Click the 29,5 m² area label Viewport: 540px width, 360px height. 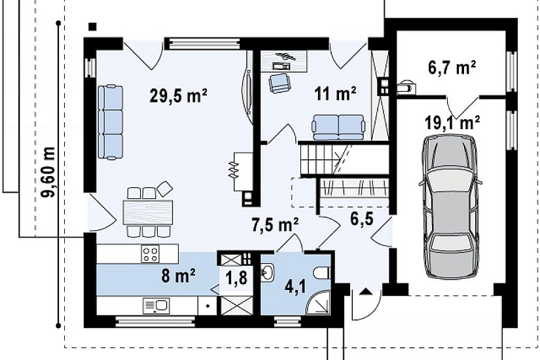179,96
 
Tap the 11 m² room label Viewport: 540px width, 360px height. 335,94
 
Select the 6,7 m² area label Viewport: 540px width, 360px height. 452,67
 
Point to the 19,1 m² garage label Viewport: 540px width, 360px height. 452,122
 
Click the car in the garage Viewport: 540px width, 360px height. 450,206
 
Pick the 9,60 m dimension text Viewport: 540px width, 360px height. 48,172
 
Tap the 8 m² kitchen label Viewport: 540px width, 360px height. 179,276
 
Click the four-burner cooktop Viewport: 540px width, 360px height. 151,253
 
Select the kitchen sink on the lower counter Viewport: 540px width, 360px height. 156,306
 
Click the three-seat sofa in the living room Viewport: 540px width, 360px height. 111,122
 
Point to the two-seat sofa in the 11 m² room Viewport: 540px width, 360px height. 338,127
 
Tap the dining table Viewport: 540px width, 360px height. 148,212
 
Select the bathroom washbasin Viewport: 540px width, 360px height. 267,273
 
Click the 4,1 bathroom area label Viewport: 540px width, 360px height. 295,287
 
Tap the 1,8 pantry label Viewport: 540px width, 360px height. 236,278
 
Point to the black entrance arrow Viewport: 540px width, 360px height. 365,292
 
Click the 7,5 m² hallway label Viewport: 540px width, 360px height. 275,226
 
